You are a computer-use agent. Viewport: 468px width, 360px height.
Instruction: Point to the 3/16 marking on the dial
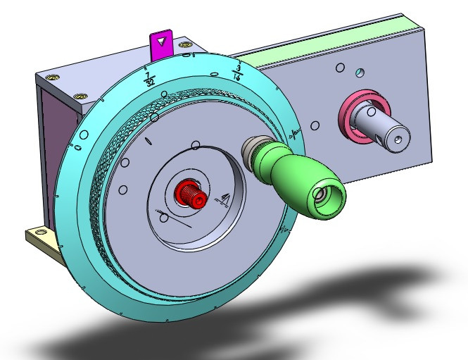coord(240,71)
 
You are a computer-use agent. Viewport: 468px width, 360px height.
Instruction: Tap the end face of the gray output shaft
coord(396,137)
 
